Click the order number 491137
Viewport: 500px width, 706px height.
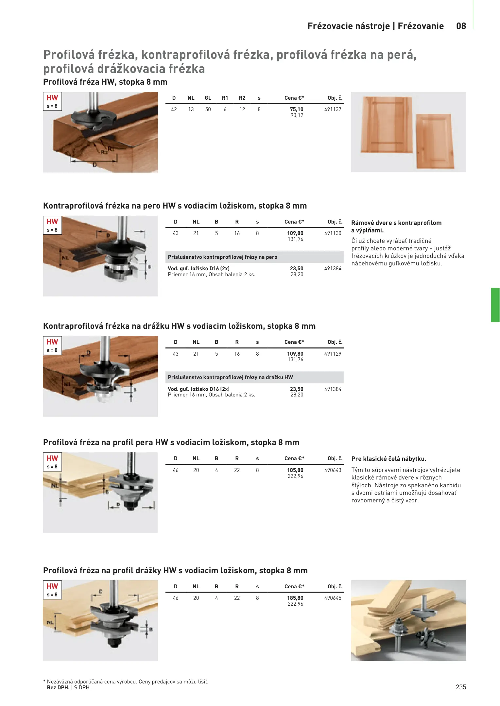[333, 109]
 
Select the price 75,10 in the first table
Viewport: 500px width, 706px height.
[296, 109]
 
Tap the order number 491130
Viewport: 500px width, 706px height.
[333, 233]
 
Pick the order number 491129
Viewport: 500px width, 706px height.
[333, 354]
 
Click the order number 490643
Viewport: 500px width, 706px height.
[333, 470]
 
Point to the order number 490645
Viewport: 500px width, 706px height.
[333, 598]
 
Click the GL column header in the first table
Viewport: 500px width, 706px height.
[208, 98]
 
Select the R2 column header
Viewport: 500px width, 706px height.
[242, 98]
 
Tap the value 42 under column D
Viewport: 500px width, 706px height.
[174, 109]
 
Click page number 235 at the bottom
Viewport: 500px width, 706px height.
[461, 687]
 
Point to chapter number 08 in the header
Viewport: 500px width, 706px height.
[461, 26]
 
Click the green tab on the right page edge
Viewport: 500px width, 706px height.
[495, 305]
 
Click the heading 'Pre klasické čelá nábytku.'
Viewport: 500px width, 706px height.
[389, 459]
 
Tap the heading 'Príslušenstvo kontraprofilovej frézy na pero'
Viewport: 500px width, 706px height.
[222, 257]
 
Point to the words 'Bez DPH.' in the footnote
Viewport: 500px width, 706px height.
[58, 687]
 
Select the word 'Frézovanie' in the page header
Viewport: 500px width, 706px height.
[421, 26]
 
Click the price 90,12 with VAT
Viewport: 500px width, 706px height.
[297, 115]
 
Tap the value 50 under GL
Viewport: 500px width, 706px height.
[208, 109]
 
